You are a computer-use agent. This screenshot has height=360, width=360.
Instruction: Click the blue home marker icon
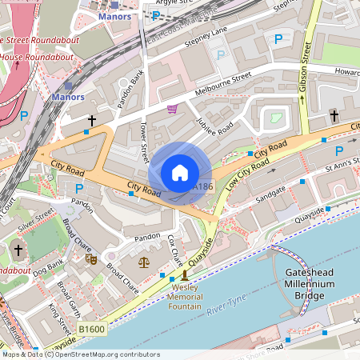click(180, 172)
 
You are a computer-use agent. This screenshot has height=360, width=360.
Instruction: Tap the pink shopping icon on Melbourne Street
click(172, 109)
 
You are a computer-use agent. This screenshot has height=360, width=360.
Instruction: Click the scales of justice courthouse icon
click(144, 261)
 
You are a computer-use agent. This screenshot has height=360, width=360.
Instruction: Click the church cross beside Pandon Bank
click(92, 120)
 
